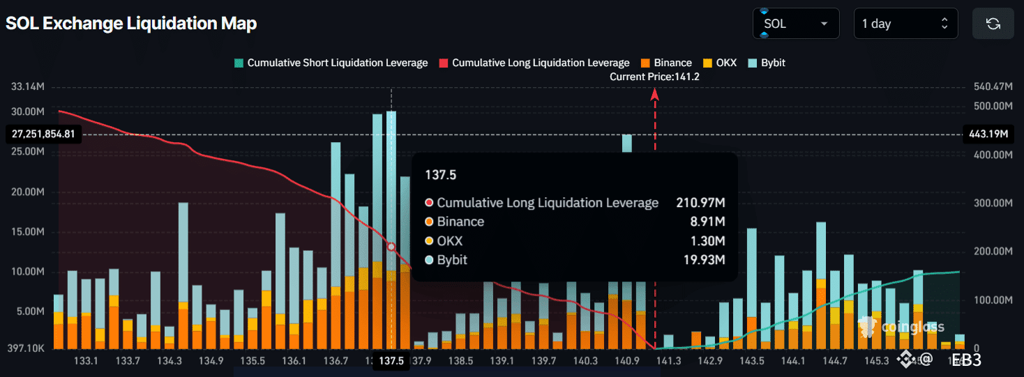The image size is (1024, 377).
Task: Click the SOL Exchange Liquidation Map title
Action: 131,24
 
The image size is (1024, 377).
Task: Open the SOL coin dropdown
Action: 795,24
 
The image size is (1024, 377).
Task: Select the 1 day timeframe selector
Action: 905,24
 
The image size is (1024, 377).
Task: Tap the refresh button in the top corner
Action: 993,24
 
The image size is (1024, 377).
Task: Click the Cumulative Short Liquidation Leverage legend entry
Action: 331,63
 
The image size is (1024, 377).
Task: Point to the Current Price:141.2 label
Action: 654,77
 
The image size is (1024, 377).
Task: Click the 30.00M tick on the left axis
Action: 28,112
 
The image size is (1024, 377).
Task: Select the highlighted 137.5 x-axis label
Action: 391,361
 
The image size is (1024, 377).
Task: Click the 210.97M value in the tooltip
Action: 700,203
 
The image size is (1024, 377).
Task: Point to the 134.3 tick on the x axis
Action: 170,361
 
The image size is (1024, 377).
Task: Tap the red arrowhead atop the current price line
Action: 655,95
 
